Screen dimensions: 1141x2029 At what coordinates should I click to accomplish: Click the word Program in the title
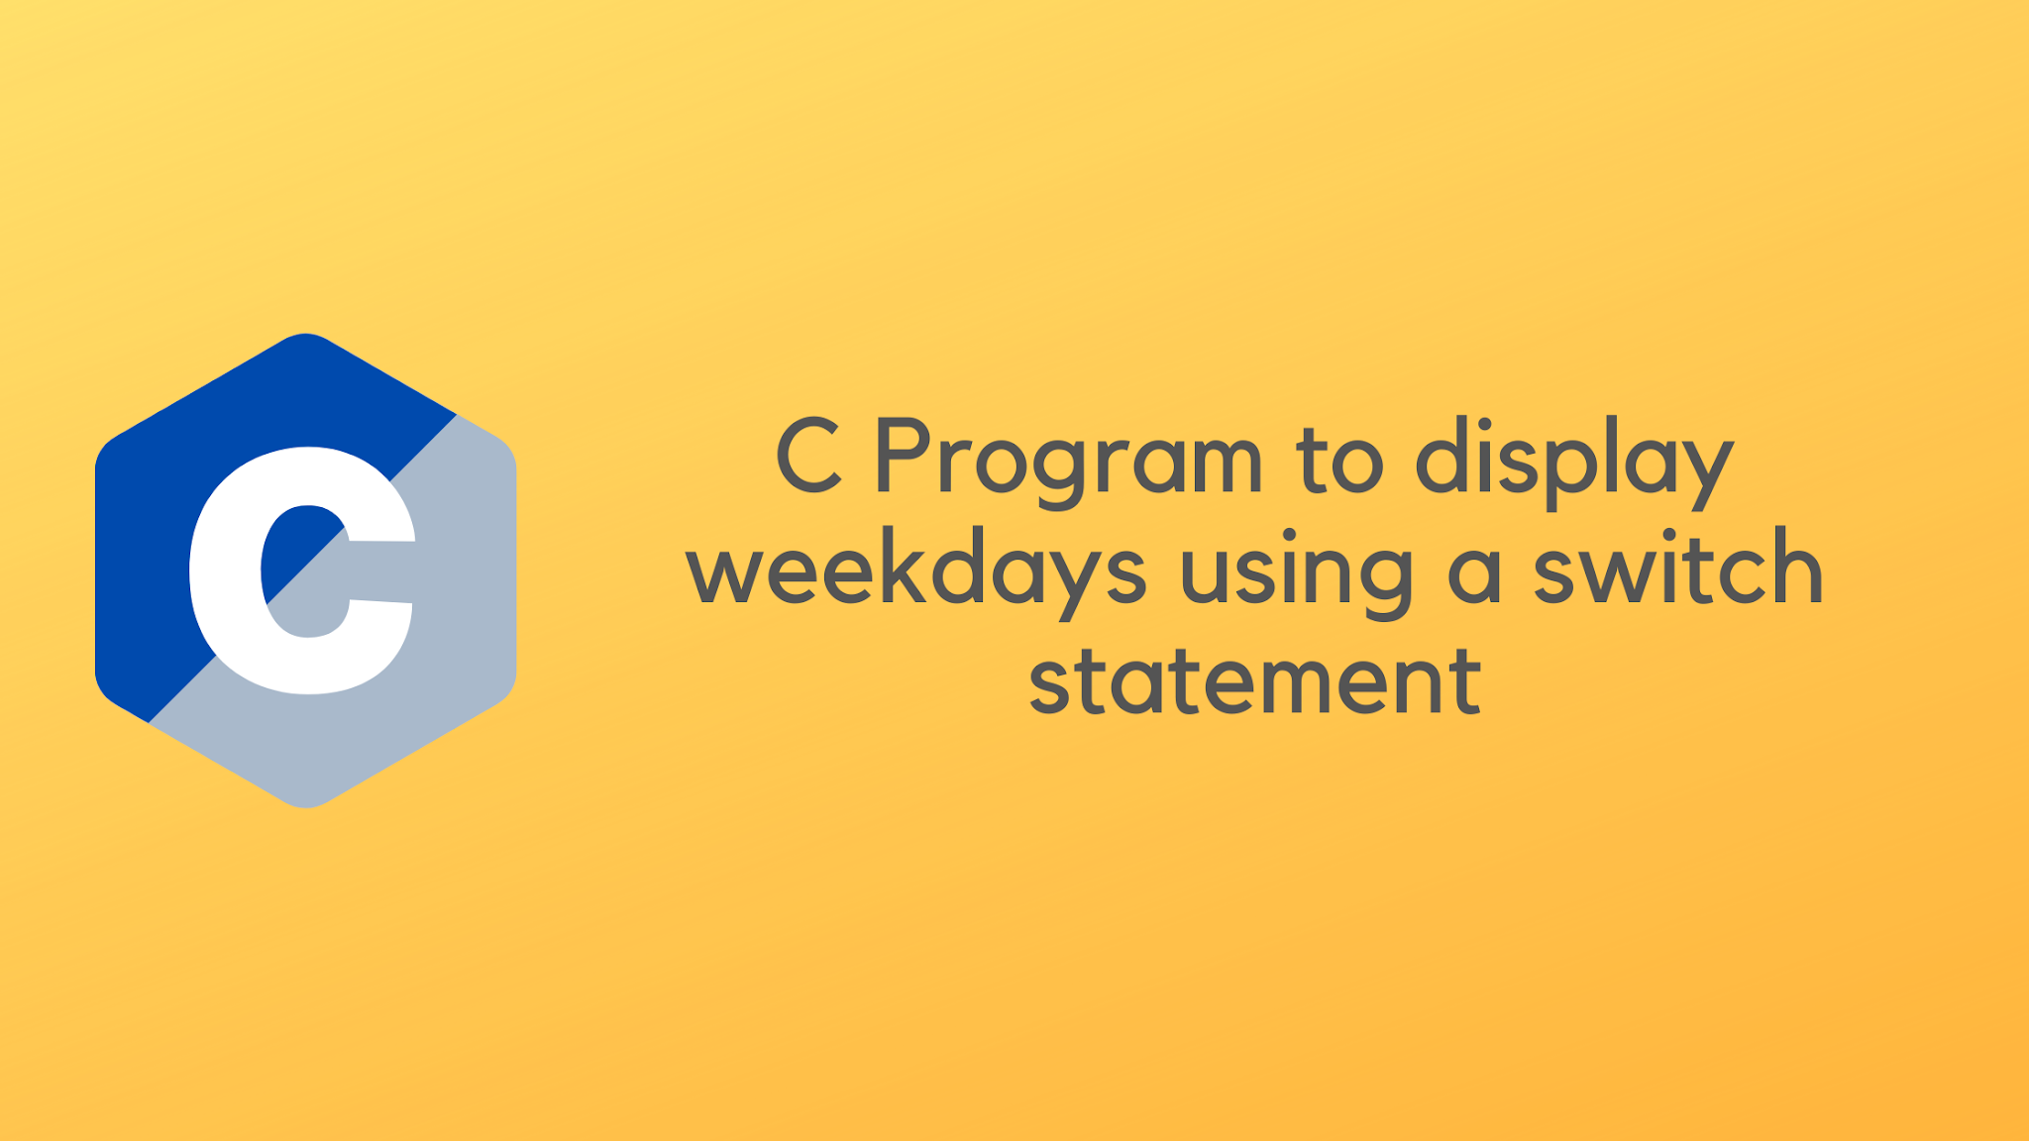[1068, 458]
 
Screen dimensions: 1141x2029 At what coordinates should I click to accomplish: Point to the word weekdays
[915, 570]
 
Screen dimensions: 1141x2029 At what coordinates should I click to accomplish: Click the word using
[1296, 570]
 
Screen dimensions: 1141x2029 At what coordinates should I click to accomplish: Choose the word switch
[1677, 569]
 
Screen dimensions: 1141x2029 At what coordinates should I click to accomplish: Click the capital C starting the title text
[809, 457]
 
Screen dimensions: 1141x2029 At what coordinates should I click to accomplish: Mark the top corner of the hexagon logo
[306, 337]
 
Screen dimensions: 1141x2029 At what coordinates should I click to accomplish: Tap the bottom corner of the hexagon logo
[306, 804]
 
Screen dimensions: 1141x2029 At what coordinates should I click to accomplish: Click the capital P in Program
[902, 457]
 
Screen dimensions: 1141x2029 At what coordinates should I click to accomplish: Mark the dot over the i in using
[1289, 538]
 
